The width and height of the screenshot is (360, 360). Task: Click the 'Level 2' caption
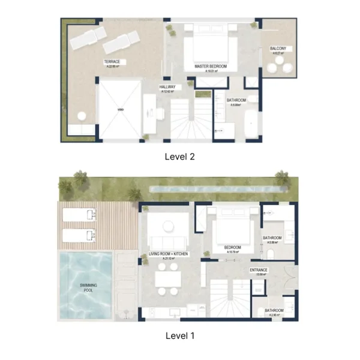pos(180,157)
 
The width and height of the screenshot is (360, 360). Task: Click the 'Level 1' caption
pos(180,335)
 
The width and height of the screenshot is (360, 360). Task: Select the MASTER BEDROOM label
pos(211,66)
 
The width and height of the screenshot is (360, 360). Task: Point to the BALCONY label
pos(278,49)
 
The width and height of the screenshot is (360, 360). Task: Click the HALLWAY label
pos(167,87)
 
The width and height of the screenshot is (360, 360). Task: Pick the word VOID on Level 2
pos(120,110)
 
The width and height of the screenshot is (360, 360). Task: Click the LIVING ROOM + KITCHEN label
pos(169,254)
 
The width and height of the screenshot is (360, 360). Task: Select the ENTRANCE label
pos(259,271)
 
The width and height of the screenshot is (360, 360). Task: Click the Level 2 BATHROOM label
pos(236,100)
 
